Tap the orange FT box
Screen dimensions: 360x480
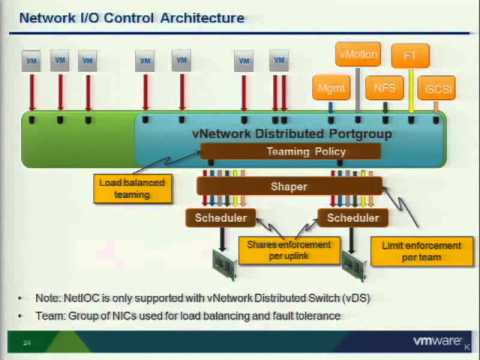tap(409, 55)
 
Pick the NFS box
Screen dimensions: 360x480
tap(384, 87)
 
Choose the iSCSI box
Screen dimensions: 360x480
tap(436, 87)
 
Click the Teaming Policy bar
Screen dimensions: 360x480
tap(291, 151)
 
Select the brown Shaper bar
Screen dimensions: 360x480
tap(289, 186)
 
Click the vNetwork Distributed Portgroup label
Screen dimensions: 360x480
tap(291, 133)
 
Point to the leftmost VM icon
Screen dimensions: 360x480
tap(32, 61)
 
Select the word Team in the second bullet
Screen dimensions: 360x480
tap(47, 316)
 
